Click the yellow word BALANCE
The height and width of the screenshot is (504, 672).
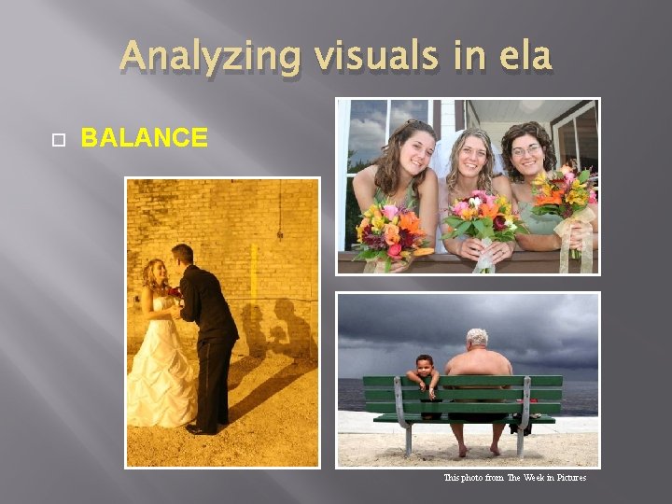point(145,138)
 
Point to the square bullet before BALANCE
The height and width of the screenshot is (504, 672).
point(58,139)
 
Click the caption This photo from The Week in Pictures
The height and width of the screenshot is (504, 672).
point(514,478)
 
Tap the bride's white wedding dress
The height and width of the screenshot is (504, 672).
point(161,373)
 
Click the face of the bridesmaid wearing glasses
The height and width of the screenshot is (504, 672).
point(526,152)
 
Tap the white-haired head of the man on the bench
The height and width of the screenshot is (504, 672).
point(477,338)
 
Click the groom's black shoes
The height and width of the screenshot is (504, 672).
point(202,428)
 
